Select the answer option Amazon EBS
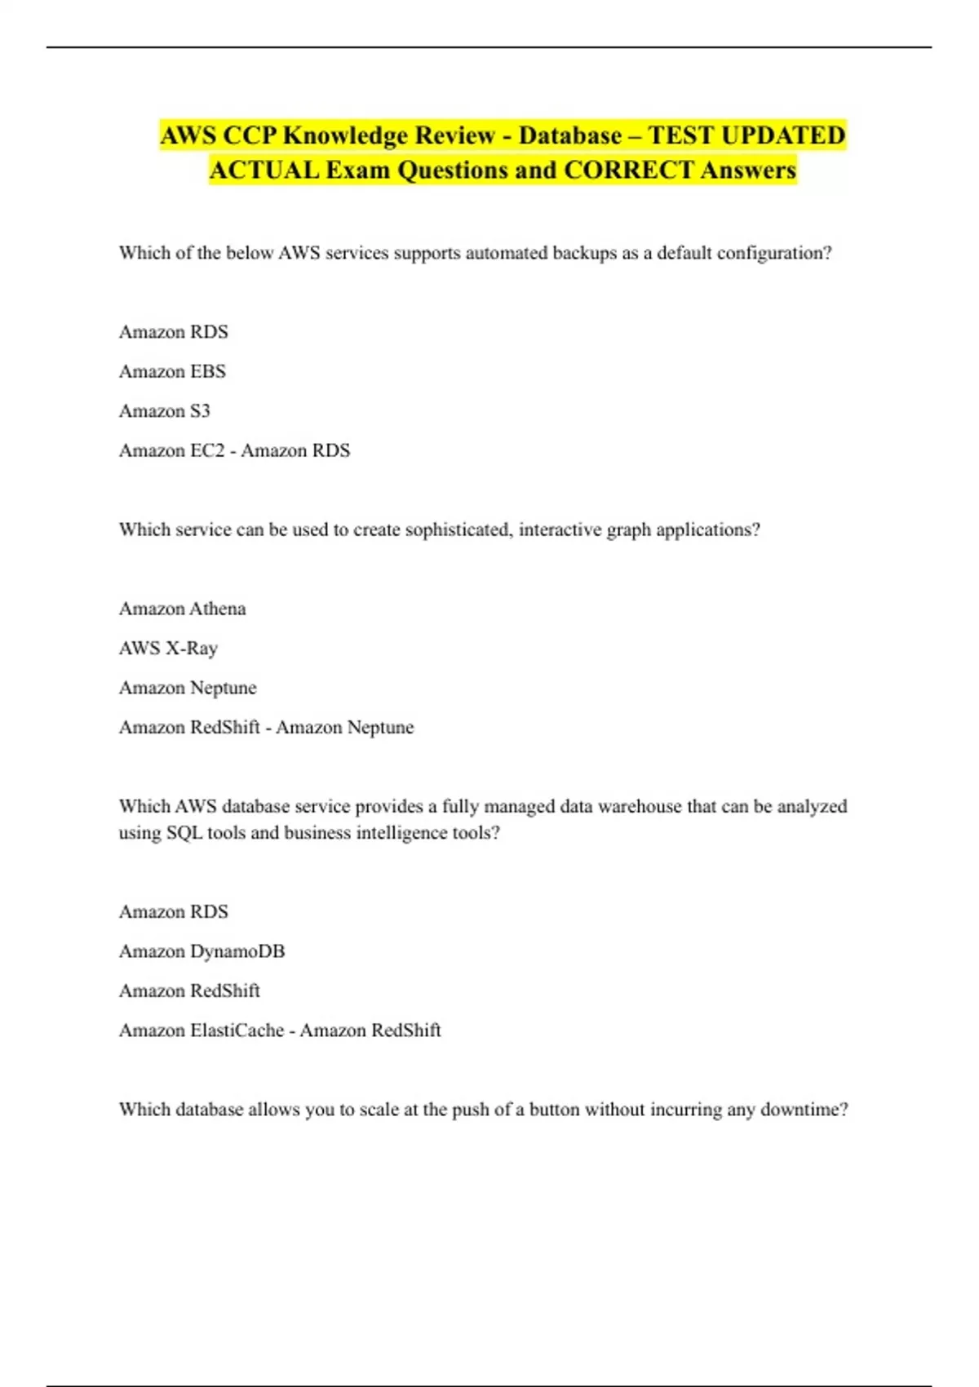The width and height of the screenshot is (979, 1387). point(172,371)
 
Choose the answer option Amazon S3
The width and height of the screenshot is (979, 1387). point(164,410)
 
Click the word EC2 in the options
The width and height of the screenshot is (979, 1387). point(207,450)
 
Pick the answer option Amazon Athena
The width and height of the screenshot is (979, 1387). point(182,609)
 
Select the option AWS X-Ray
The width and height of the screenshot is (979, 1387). point(168,648)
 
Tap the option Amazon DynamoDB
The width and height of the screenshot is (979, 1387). point(202,951)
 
